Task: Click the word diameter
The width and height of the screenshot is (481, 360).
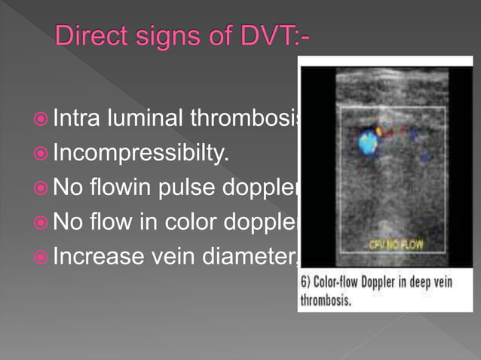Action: pos(256,258)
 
